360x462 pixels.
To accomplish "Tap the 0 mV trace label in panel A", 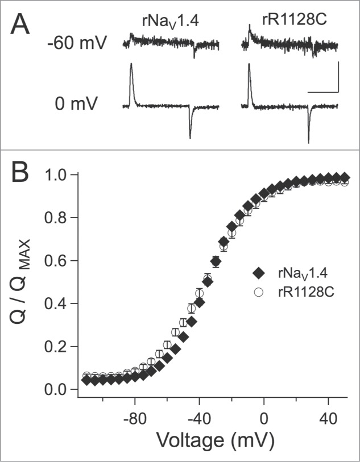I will point(86,104).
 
